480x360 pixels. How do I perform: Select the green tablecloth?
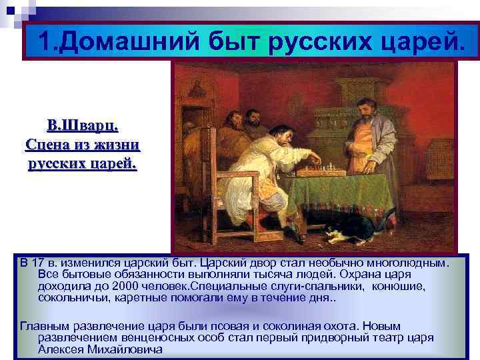point(347,193)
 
